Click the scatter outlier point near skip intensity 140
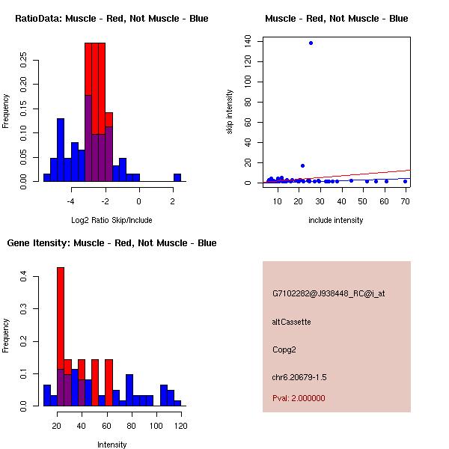[311, 43]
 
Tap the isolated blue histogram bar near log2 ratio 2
[177, 177]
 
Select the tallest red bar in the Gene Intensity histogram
[61, 336]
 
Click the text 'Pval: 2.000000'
[299, 398]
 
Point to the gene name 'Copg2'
[285, 349]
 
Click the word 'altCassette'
[291, 322]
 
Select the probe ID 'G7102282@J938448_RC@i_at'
[329, 294]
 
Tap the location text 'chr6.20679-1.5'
[299, 376]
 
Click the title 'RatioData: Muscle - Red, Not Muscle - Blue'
[112, 18]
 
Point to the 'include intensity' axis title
[336, 220]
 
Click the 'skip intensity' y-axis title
[230, 112]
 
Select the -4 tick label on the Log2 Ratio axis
[71, 201]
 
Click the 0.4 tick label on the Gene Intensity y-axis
[24, 277]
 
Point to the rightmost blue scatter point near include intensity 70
[405, 181]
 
